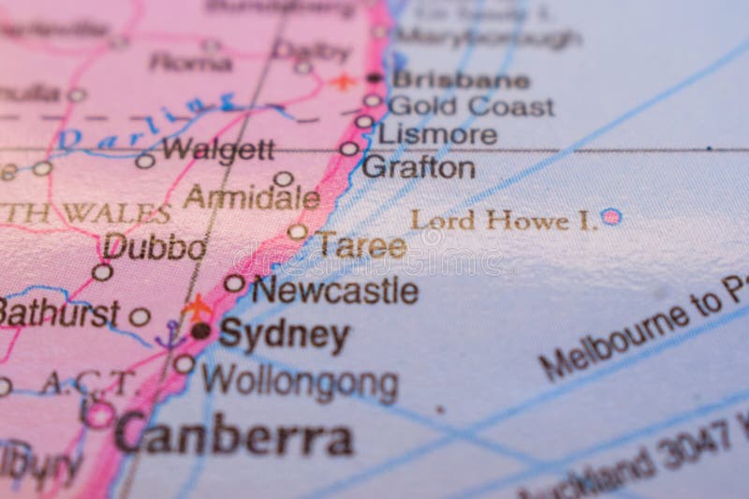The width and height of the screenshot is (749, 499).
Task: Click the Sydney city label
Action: pyautogui.click(x=285, y=334)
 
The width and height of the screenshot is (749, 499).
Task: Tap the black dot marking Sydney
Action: pyautogui.click(x=201, y=330)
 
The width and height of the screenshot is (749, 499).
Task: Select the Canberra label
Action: pyautogui.click(x=234, y=435)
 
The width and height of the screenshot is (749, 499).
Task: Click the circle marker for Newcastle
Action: pyautogui.click(x=234, y=283)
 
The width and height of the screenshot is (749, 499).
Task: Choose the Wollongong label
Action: pyautogui.click(x=300, y=383)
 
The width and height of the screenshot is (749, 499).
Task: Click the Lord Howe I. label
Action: pyautogui.click(x=503, y=221)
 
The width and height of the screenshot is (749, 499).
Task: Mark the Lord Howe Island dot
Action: pyautogui.click(x=610, y=216)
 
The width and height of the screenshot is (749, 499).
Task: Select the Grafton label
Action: pyautogui.click(x=418, y=169)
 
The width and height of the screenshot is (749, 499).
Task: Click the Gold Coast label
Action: pyautogui.click(x=471, y=106)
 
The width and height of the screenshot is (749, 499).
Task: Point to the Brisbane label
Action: pyautogui.click(x=461, y=80)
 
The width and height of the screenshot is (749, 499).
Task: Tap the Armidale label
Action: pyautogui.click(x=251, y=198)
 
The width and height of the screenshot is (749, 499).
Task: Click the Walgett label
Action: pyautogui.click(x=218, y=148)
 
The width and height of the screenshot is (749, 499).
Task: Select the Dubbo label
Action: pyautogui.click(x=154, y=248)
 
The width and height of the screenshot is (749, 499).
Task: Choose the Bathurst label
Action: pyautogui.click(x=58, y=312)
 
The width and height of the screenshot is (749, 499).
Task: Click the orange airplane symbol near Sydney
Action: pyautogui.click(x=197, y=305)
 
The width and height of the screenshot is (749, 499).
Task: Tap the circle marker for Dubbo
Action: pyautogui.click(x=102, y=272)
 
